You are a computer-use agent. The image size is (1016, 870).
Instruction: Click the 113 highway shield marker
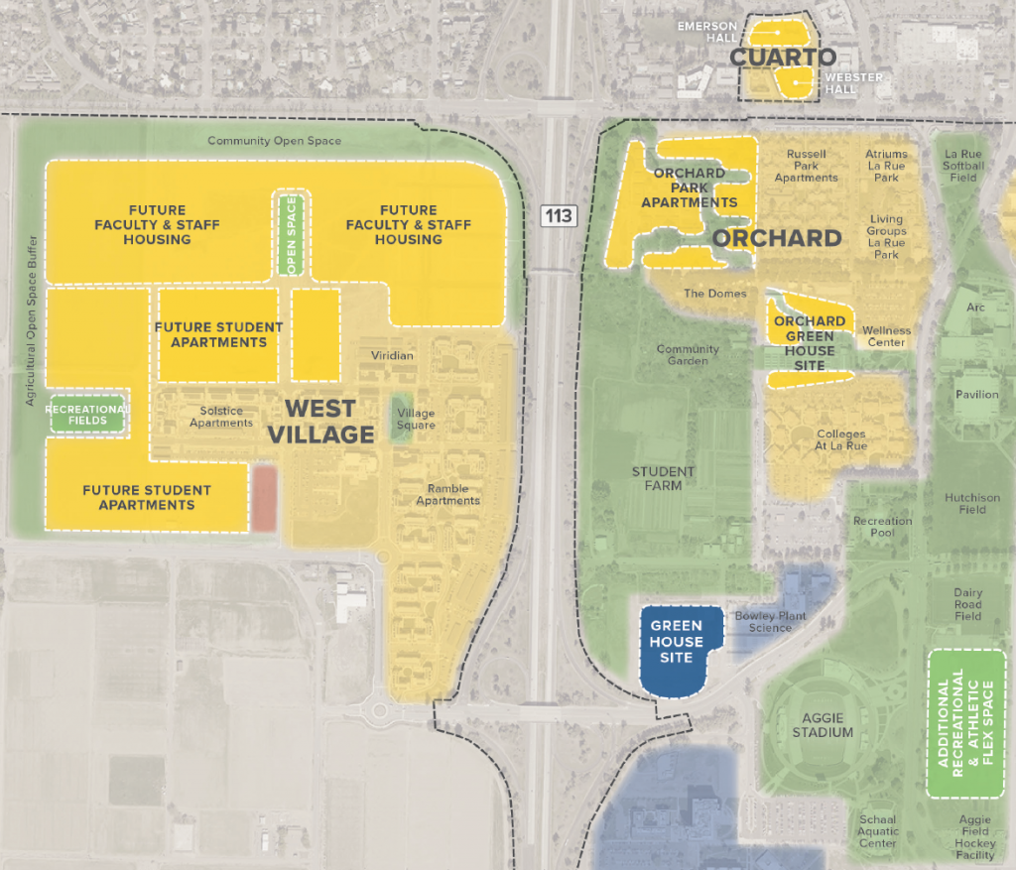click(560, 214)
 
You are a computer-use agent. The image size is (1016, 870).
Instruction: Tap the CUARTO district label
click(783, 58)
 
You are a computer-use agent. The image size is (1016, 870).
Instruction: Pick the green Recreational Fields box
click(87, 415)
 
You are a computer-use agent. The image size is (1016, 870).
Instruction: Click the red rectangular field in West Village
click(264, 498)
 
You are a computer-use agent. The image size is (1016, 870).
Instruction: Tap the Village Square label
click(416, 420)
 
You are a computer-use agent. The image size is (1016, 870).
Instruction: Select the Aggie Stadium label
click(823, 724)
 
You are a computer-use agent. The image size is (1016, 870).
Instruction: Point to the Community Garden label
click(688, 355)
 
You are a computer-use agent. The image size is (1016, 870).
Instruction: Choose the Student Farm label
click(663, 478)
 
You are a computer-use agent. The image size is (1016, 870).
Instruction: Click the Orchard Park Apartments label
click(690, 187)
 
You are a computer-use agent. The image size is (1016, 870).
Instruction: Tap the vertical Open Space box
click(292, 235)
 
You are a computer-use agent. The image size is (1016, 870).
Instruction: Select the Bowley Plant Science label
click(770, 622)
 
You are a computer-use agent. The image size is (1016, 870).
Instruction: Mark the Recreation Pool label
click(882, 527)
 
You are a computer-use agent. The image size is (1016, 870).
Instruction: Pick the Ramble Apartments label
click(453, 494)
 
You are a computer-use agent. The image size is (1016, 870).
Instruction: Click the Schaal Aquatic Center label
click(878, 832)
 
